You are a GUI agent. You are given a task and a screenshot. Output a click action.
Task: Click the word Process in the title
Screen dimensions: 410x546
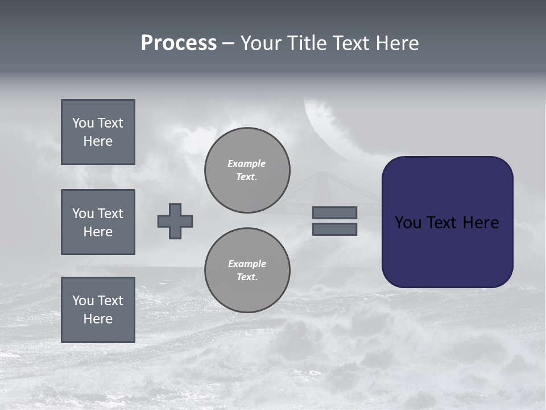point(179,43)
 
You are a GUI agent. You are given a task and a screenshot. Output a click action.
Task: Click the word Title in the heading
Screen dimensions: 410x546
point(308,43)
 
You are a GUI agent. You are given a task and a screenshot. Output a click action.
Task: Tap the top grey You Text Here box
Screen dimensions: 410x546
point(98,132)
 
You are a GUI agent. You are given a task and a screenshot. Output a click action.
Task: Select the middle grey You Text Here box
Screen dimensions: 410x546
point(98,222)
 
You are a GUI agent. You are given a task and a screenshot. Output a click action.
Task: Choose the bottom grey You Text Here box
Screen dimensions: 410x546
point(98,310)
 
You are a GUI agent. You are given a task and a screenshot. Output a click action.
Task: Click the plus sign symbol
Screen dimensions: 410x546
point(175,221)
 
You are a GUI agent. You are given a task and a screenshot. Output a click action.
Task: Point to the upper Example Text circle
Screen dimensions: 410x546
point(247,170)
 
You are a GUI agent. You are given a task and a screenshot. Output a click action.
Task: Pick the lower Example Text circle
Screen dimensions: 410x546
point(247,270)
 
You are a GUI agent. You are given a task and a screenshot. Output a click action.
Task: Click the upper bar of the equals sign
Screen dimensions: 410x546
point(334,212)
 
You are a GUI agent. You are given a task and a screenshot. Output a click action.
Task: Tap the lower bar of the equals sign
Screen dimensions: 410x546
point(334,229)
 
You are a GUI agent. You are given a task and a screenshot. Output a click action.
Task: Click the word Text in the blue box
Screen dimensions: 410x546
point(442,223)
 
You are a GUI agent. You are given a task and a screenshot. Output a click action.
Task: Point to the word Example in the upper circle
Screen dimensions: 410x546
point(247,163)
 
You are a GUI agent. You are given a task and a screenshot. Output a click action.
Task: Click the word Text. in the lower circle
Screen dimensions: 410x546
point(247,277)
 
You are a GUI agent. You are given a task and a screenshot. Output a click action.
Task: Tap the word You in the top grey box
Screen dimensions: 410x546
point(83,123)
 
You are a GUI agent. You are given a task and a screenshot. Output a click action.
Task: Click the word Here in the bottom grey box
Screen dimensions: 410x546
point(98,319)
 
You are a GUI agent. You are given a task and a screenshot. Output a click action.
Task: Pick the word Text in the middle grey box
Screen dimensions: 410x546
point(110,214)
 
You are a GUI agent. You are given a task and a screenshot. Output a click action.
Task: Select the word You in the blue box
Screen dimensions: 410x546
point(408,223)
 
